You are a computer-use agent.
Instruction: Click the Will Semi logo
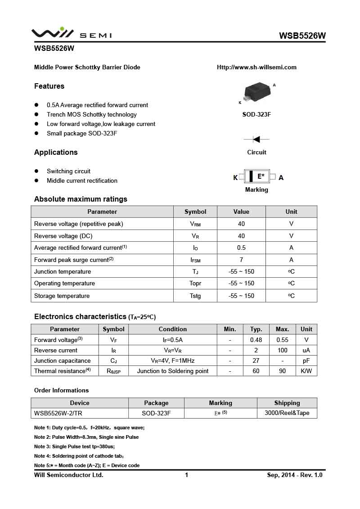pos(71,34)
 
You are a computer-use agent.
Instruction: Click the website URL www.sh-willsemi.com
pos(256,68)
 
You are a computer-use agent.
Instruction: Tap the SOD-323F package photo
pos(257,92)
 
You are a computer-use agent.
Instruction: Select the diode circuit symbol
pos(256,140)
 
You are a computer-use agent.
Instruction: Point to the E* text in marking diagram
pos(261,176)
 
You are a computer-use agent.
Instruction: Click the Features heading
pos(49,86)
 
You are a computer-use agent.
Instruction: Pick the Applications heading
pos(56,152)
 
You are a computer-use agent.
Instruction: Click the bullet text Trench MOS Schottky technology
pos(91,114)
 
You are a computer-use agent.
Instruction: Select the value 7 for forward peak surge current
pos(241,260)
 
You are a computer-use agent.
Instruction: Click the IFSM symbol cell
pos(195,260)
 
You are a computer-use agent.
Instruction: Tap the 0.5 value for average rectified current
pos(241,248)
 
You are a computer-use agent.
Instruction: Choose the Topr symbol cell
pos(195,284)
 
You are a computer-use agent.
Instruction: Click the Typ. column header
pos(256,329)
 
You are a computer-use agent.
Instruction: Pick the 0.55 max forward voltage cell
pos(282,340)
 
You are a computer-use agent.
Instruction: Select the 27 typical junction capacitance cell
pos(256,360)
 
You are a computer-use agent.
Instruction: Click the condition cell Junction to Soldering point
pos(173,371)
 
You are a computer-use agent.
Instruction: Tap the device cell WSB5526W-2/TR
pos(58,413)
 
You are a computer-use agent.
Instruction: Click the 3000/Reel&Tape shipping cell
pos(287,413)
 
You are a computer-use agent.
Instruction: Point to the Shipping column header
pos(287,403)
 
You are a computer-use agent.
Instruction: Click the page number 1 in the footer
pos(186,475)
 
